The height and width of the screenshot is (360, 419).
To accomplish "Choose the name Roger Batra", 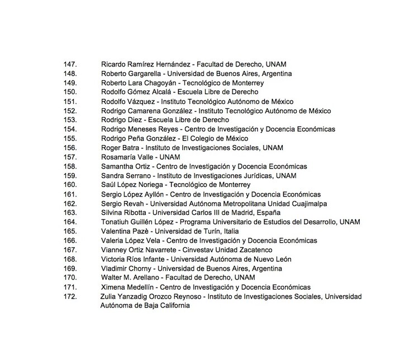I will [x=120, y=147].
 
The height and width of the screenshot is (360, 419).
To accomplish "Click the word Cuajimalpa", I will [x=307, y=203].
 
